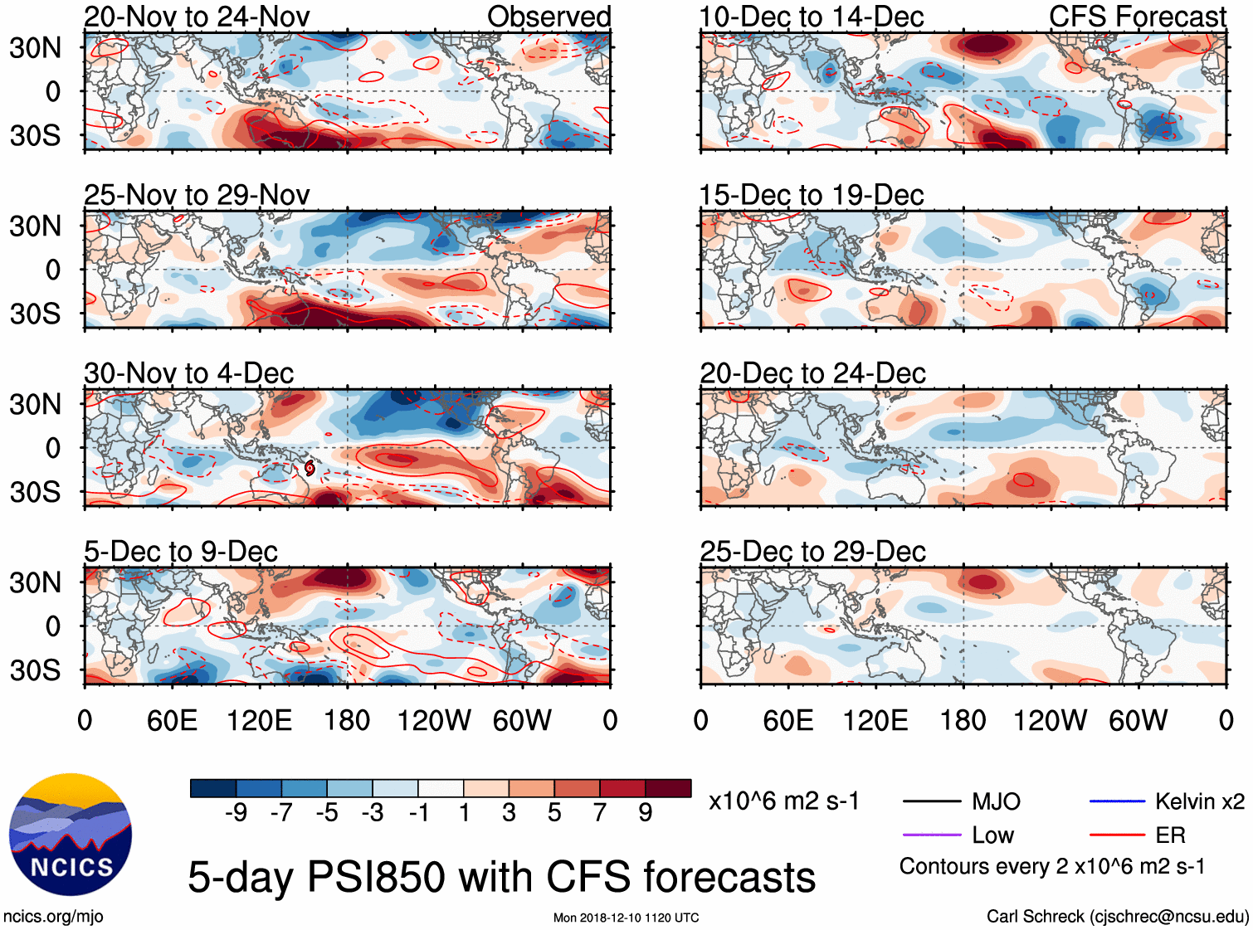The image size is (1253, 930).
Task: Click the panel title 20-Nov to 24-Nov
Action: pos(197,17)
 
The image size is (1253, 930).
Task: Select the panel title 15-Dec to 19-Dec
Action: pos(811,195)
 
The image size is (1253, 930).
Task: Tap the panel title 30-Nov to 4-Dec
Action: pos(188,373)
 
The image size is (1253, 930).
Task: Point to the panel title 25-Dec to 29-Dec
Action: pos(812,552)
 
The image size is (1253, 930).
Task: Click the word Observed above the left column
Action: pos(548,17)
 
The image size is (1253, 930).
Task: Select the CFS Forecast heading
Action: pos(1137,17)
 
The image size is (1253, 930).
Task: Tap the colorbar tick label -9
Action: pos(236,812)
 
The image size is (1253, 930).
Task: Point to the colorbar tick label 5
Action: pos(554,812)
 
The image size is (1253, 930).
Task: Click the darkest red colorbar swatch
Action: pos(668,788)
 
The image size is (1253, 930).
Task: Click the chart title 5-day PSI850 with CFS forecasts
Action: pos(501,877)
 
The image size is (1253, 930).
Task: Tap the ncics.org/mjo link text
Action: pos(53,916)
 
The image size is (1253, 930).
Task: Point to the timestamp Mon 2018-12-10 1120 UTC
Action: pos(626,918)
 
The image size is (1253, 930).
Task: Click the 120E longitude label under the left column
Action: pos(259,720)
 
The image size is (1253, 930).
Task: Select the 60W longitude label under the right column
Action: pos(1138,720)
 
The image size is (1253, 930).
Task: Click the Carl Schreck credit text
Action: pos(1117,916)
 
